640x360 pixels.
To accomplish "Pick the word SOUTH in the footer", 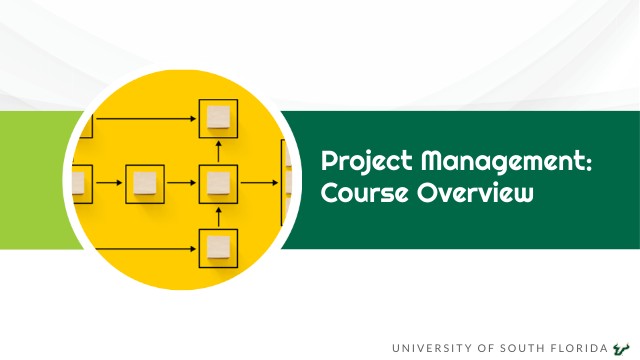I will (x=527, y=348).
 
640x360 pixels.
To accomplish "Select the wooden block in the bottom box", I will (x=218, y=246).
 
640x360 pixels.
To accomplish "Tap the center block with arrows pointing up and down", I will (x=218, y=183).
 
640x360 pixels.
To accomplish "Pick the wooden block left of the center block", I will (x=145, y=183).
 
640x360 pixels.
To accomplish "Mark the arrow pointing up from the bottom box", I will (x=218, y=215).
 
